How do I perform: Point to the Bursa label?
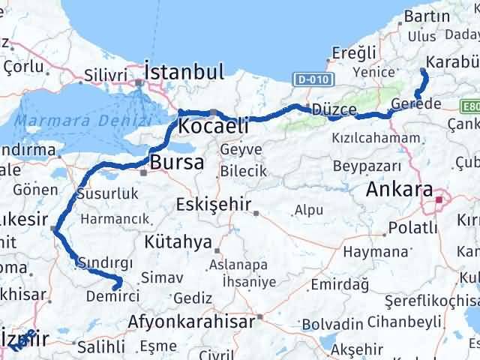176,162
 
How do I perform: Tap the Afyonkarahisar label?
193,321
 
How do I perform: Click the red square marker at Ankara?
438,200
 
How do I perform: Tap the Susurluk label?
109,194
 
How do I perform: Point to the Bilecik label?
241,171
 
